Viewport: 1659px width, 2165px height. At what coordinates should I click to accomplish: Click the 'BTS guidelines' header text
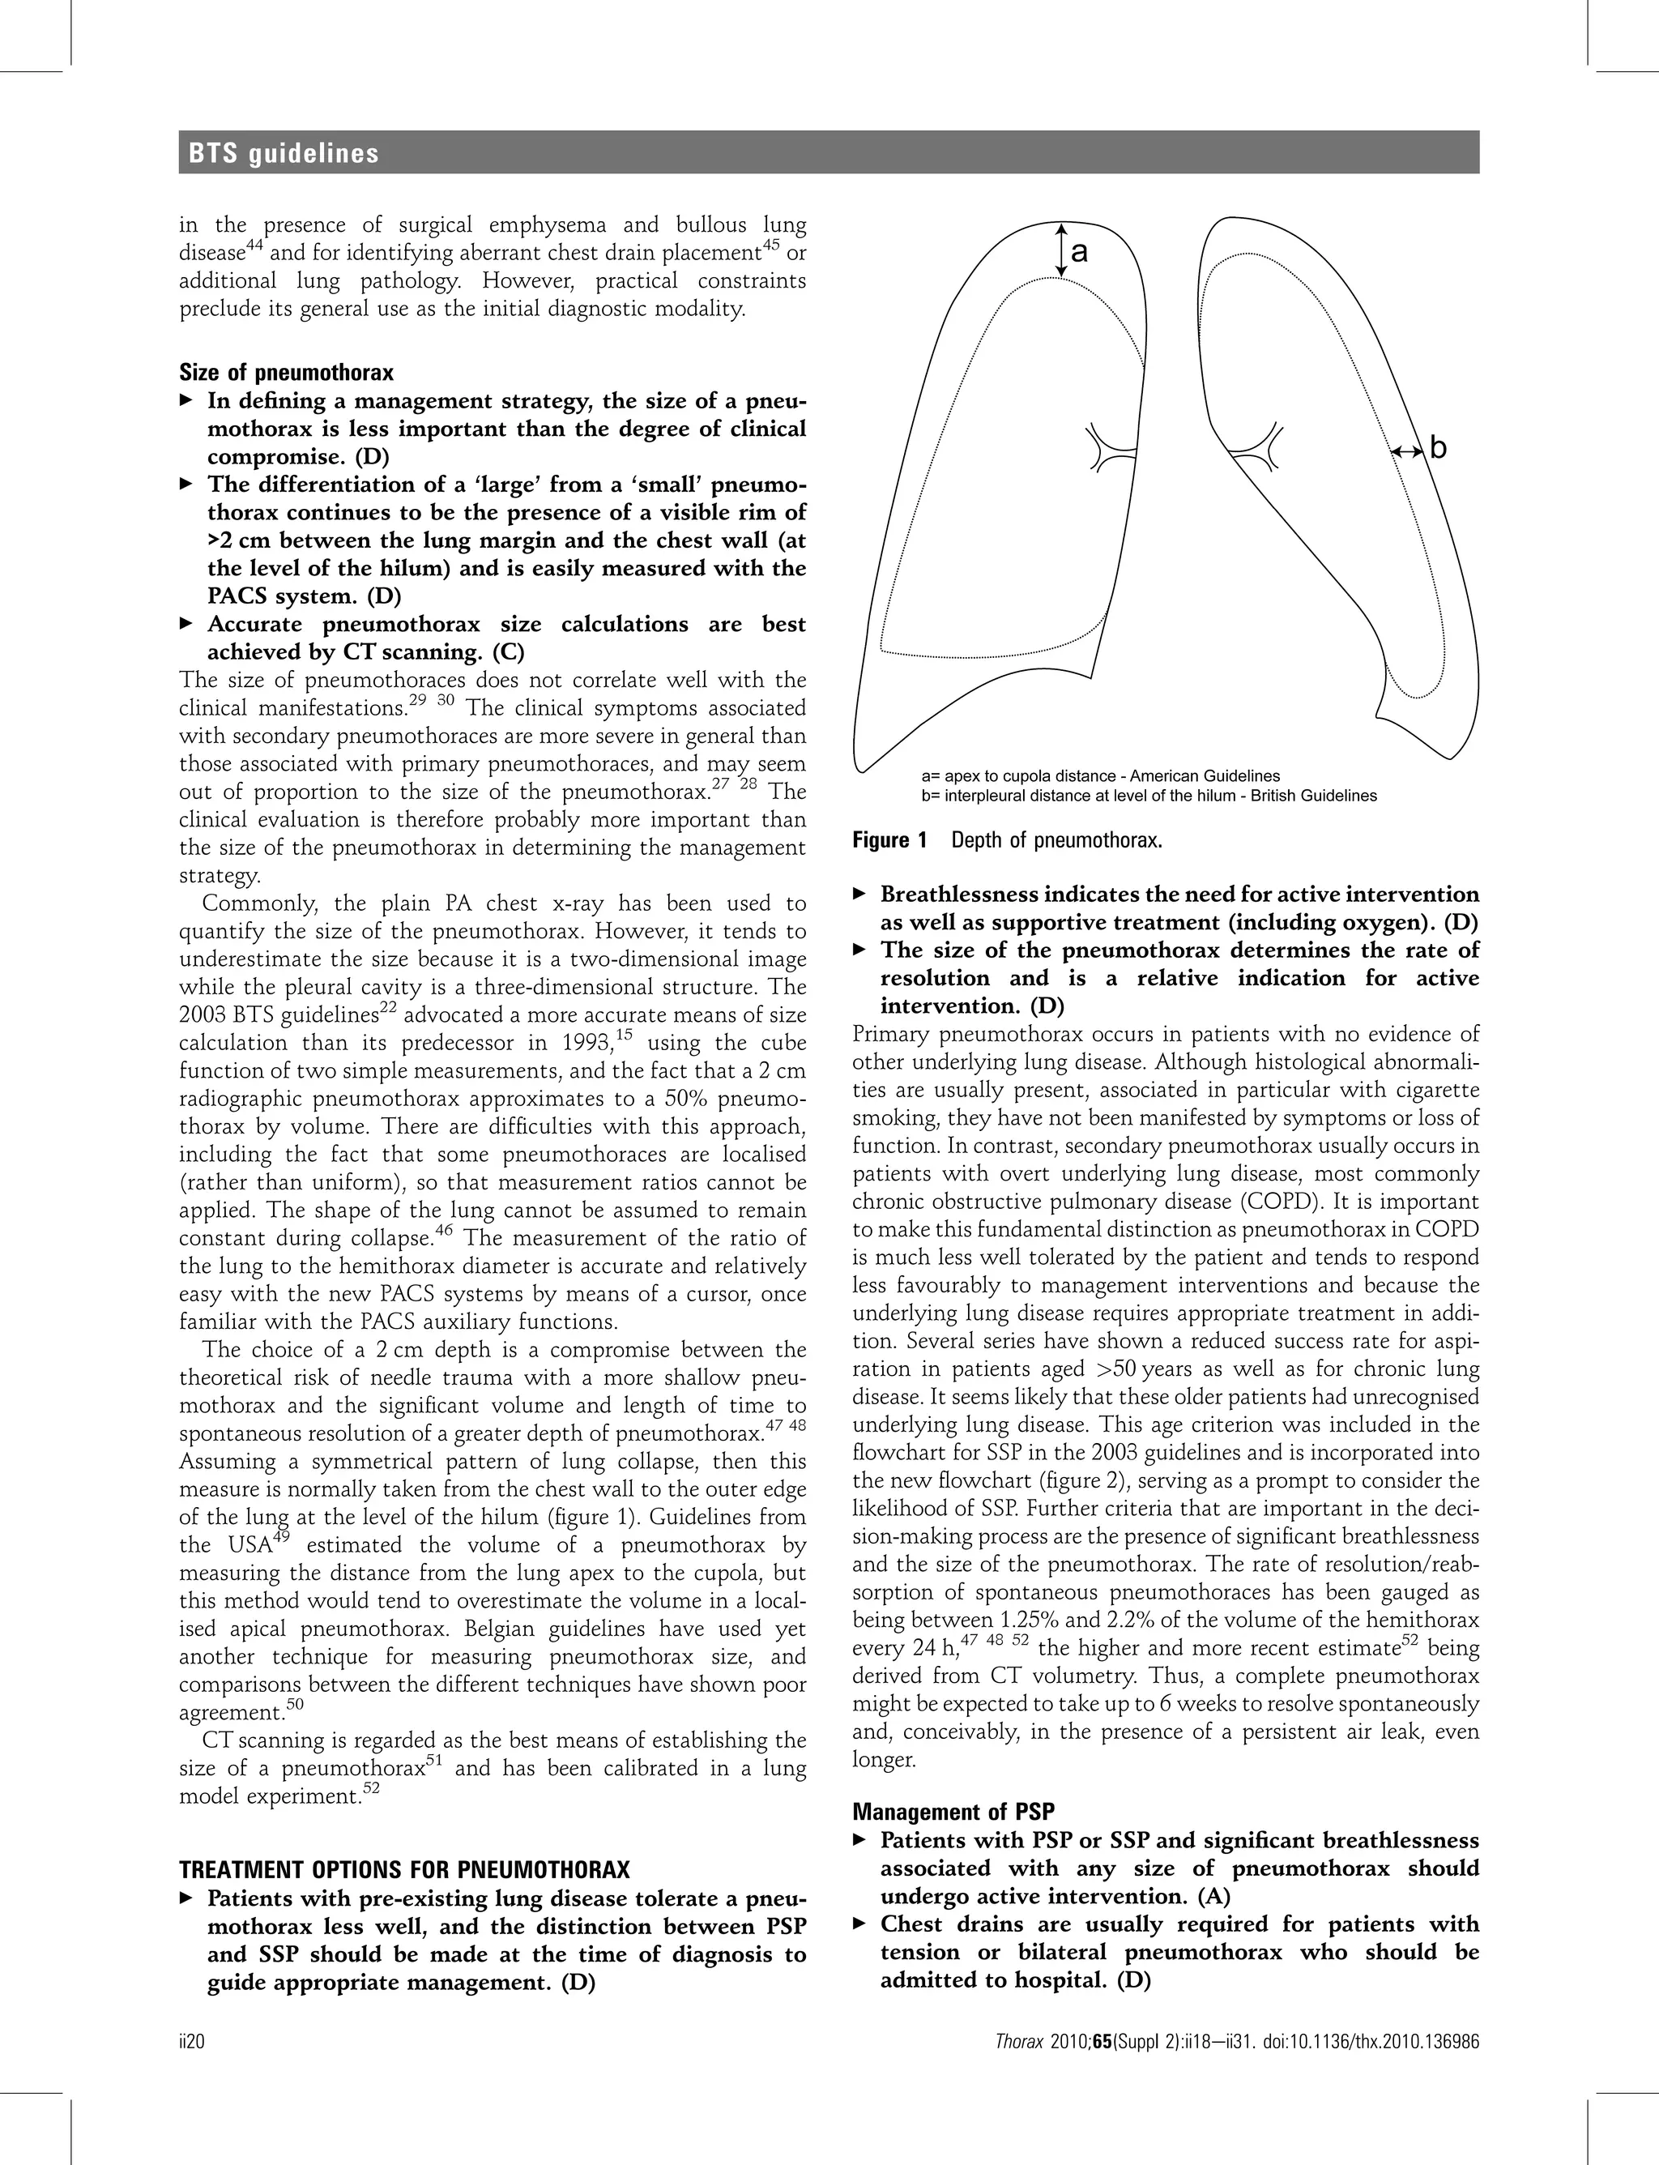click(284, 153)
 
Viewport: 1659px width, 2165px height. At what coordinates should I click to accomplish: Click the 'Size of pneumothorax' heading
click(287, 373)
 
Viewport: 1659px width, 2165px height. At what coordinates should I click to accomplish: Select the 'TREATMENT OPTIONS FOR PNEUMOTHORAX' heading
click(404, 1870)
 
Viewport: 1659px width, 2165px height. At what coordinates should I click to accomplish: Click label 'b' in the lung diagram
click(1438, 448)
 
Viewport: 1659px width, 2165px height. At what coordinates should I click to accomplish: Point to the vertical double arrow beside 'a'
click(1060, 249)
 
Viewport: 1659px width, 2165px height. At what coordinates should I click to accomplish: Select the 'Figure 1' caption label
click(891, 840)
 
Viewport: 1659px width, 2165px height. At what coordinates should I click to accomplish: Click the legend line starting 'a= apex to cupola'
click(1099, 775)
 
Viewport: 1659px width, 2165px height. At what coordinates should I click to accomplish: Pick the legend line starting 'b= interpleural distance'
click(1148, 795)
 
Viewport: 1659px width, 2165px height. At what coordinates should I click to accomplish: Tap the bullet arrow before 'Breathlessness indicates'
click(859, 894)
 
